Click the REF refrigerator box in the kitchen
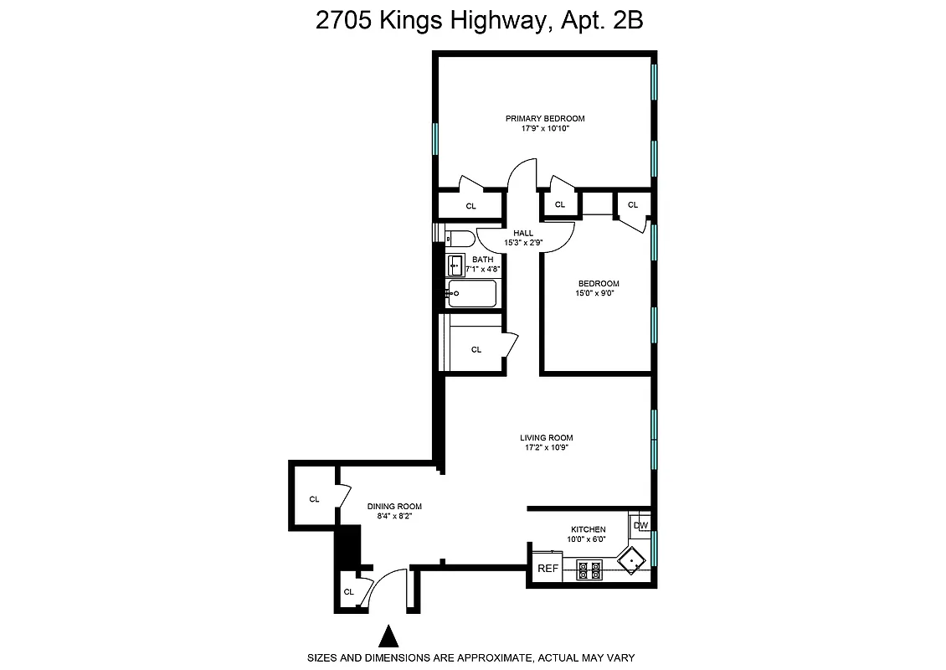pos(548,569)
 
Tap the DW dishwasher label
pos(640,526)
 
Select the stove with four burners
pos(590,569)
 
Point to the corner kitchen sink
pos(630,560)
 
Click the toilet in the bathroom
pos(460,238)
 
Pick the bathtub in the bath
pos(471,293)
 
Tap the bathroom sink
pos(455,265)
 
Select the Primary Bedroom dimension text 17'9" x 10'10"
pos(544,129)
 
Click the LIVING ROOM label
pos(546,437)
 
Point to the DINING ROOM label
pos(394,506)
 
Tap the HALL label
pos(523,233)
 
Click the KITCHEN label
pos(588,529)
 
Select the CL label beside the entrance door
pos(349,592)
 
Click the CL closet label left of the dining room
pos(314,499)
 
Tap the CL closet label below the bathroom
pos(476,349)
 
